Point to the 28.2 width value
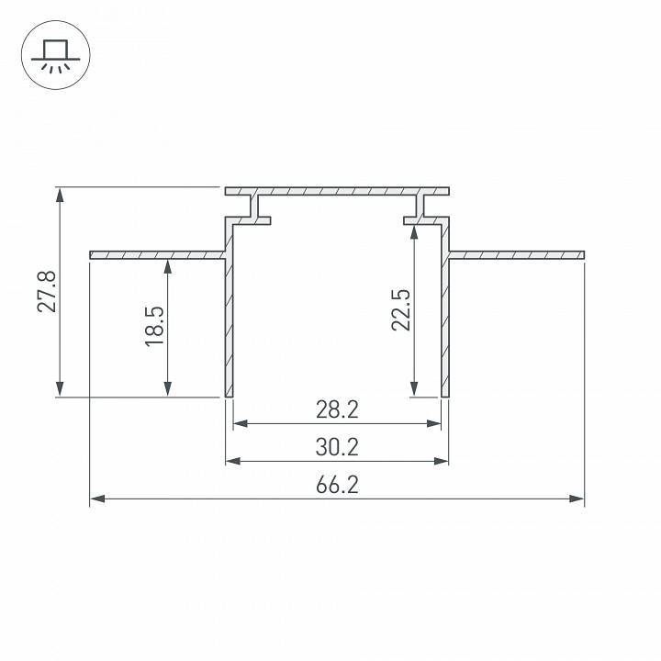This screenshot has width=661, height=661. click(336, 409)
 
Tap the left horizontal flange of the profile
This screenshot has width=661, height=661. click(156, 253)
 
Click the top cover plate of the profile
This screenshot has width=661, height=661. click(337, 192)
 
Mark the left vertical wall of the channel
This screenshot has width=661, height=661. click(230, 321)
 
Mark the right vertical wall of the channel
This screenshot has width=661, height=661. click(444, 321)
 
